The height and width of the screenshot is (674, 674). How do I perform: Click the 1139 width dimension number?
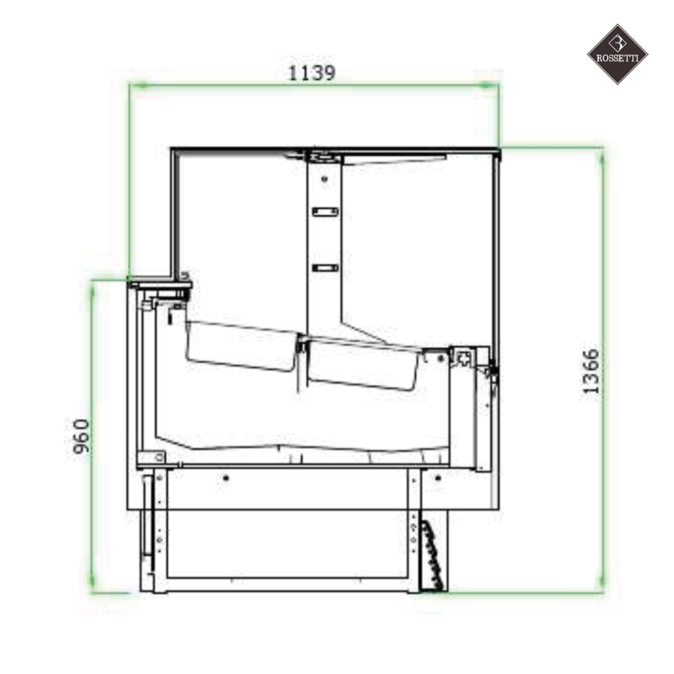coord(312,73)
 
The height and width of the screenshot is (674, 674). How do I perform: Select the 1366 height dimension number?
coord(591,371)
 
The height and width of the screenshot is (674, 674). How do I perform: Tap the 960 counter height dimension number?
coord(80,438)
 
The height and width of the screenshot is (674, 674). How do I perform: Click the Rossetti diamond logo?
coord(617,54)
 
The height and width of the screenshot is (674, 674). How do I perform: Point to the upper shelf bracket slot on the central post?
coord(325,211)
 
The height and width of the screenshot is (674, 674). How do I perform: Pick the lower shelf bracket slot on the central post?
coord(325,268)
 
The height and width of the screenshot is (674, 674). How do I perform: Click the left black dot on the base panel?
coord(226,478)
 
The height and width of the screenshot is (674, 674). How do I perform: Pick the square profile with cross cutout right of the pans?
coord(464,358)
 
